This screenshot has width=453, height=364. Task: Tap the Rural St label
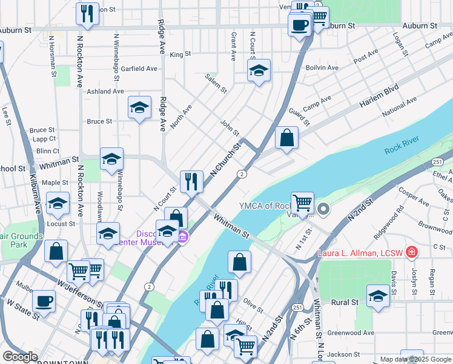(x=345, y=302)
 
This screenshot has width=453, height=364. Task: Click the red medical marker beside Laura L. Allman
(x=412, y=251)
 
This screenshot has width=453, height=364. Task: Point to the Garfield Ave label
(x=139, y=69)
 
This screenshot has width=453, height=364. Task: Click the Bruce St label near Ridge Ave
(x=99, y=121)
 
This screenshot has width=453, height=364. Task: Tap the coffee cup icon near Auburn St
(x=299, y=25)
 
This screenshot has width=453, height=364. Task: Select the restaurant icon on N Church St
(x=191, y=180)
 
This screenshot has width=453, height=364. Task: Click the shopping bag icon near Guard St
(x=287, y=138)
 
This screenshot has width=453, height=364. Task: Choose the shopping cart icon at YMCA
(x=302, y=202)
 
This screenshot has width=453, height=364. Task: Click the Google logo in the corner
(x=20, y=356)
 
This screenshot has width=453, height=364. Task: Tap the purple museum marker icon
(x=182, y=236)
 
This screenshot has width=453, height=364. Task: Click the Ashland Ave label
(x=105, y=91)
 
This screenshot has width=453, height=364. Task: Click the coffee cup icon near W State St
(x=44, y=301)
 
